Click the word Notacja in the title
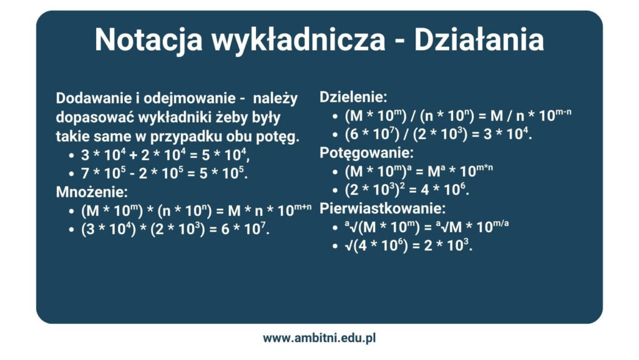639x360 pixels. [149, 40]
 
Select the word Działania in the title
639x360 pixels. [479, 40]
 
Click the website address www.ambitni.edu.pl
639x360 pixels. [319, 338]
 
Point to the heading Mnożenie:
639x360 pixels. [87, 192]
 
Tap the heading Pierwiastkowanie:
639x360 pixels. [383, 208]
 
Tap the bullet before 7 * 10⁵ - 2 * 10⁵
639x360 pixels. [70, 174]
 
